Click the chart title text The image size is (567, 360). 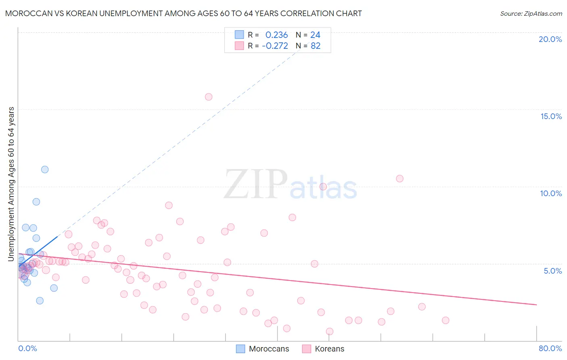click(x=183, y=13)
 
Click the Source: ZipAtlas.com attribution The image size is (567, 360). click(x=531, y=13)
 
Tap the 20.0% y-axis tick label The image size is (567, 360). click(x=550, y=39)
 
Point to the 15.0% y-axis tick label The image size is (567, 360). click(x=551, y=116)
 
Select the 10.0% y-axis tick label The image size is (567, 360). click(x=551, y=193)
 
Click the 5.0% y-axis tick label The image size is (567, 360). click(x=552, y=271)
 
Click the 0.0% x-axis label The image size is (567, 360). click(x=27, y=348)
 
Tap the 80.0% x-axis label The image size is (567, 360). click(x=550, y=348)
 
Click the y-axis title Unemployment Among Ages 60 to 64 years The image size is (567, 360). click(x=11, y=184)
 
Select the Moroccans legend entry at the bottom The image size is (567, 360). click(x=269, y=349)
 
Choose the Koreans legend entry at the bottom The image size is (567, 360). click(x=329, y=349)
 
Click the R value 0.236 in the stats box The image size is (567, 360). click(x=276, y=35)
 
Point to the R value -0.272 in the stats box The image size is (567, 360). click(x=275, y=46)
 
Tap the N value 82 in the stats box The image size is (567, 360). click(x=315, y=46)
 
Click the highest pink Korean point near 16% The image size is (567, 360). click(x=208, y=97)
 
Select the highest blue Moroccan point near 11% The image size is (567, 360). click(x=45, y=170)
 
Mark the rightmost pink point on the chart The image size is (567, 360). click(x=446, y=320)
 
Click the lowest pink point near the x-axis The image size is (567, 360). click(x=329, y=331)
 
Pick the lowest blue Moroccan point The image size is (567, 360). click(x=40, y=301)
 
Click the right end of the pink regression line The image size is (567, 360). click(x=536, y=304)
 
